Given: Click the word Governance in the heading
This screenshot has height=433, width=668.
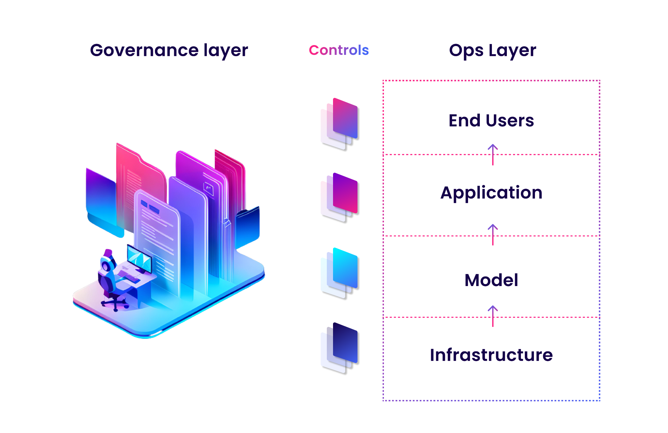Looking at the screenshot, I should point(144,51).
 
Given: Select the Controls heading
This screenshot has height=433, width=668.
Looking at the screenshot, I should point(339,50).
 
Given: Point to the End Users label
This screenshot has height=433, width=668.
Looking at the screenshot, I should point(491,120).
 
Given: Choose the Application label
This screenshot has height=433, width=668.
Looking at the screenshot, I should point(491,193).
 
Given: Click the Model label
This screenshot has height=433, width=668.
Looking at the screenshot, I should point(491,280).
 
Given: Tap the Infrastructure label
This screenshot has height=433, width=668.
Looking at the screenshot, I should point(491,355).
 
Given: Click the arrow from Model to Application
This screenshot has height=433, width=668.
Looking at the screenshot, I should point(493,234).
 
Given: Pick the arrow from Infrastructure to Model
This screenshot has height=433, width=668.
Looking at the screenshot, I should point(493,316).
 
